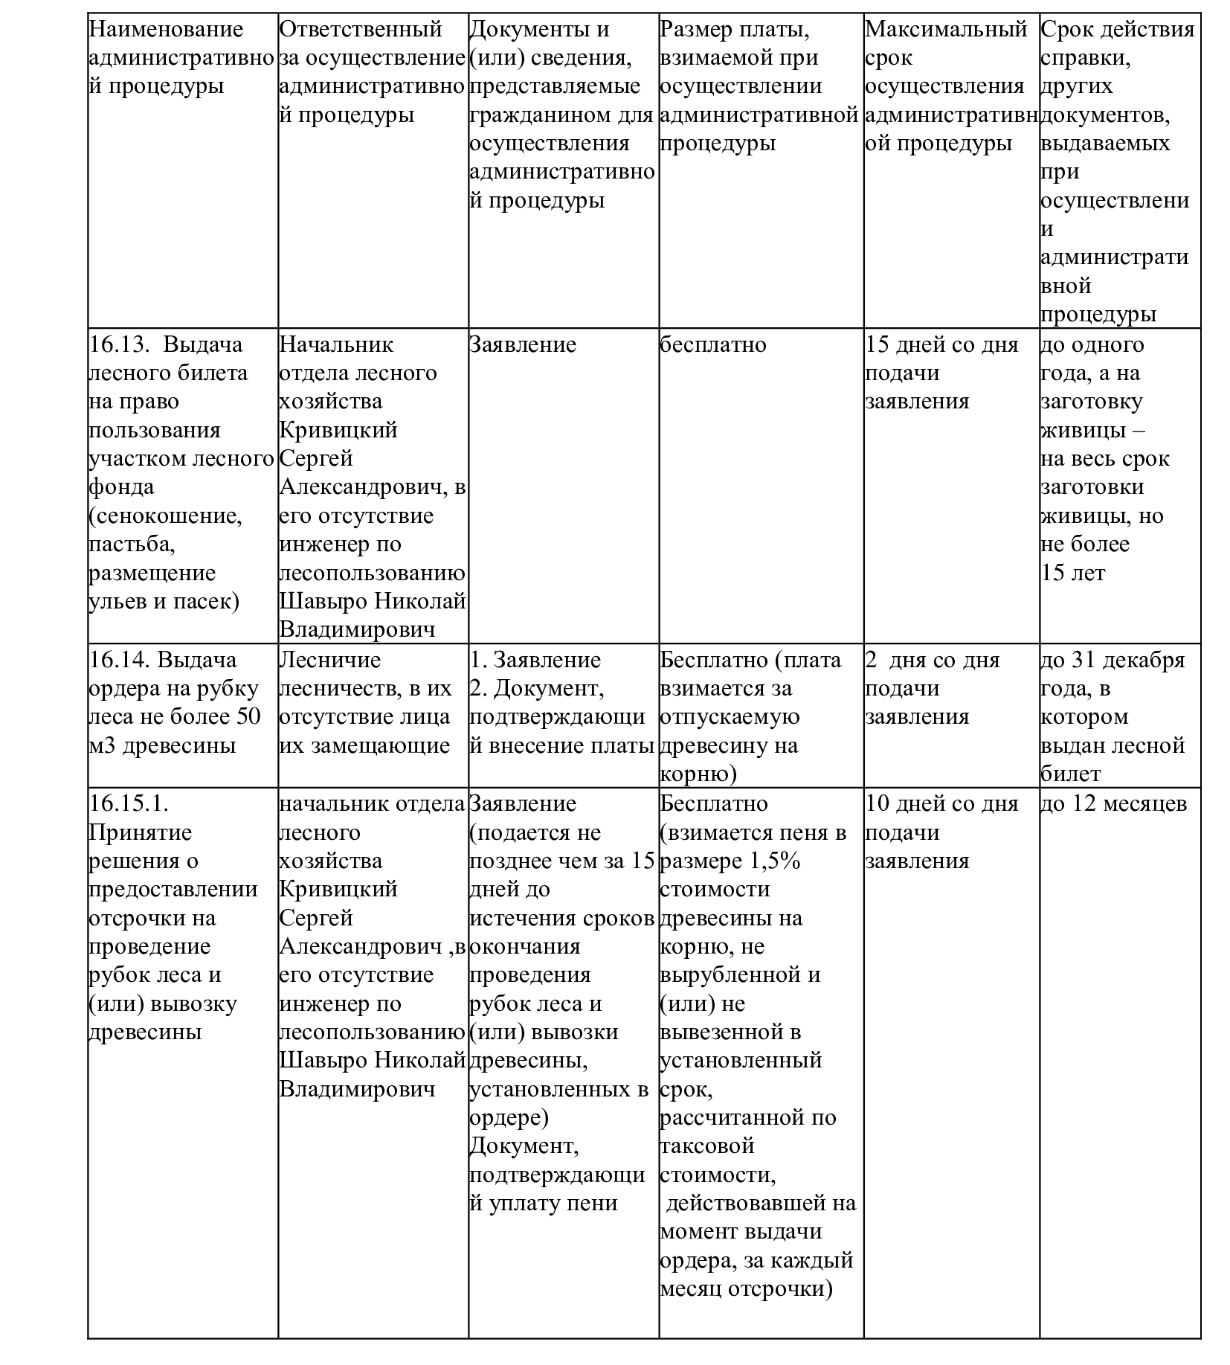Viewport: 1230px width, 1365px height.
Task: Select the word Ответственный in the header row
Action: (361, 30)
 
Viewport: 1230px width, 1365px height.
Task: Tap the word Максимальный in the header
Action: (946, 30)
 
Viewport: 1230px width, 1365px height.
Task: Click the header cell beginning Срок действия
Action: (1117, 30)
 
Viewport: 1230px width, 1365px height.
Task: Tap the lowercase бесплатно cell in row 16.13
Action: (712, 345)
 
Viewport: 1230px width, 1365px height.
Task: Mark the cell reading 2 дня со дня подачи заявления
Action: (934, 689)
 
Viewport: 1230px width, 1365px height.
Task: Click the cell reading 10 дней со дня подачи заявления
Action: (941, 832)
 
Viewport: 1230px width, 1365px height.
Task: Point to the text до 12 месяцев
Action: (1113, 804)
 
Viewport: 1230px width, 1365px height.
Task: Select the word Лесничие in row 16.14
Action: (329, 661)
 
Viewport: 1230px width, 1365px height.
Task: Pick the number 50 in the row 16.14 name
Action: (248, 717)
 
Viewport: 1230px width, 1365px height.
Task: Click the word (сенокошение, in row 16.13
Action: (165, 516)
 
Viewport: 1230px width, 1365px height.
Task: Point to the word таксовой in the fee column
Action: (707, 1146)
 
